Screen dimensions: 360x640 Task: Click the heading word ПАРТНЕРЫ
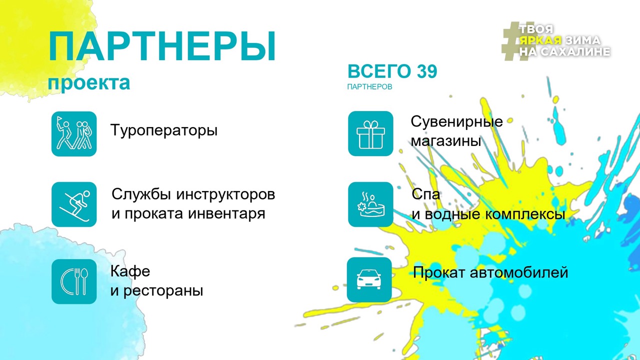162,47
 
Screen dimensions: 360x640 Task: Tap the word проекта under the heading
88,82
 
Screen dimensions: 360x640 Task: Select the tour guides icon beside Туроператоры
74,133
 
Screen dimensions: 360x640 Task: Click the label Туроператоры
164,131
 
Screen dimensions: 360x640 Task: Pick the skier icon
74,204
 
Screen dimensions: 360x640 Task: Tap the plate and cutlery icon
74,281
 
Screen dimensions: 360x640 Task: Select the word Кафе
130,271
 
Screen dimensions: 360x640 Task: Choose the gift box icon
370,133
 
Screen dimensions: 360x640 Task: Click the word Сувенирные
456,122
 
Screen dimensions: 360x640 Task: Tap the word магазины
445,141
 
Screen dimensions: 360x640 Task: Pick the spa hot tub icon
370,204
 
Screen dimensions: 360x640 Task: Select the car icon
369,279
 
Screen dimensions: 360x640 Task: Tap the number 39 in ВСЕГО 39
426,72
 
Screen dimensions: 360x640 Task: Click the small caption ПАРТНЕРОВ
369,87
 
